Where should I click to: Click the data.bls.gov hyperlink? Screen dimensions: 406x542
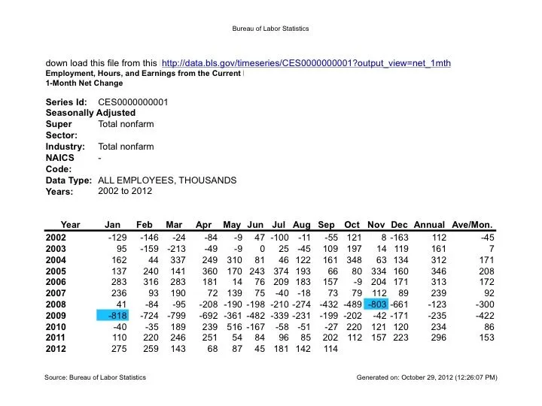tap(306, 62)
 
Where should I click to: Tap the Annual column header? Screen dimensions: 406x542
tap(429, 225)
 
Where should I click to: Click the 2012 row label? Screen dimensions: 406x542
tap(56, 349)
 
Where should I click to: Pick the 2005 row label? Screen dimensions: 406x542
tap(56, 271)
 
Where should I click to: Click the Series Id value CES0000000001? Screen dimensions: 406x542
tap(133, 101)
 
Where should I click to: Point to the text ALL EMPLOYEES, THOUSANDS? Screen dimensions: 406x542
tap(167, 180)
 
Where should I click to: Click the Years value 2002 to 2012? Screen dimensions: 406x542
tap(125, 191)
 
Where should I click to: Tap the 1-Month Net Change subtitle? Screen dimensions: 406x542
tap(84, 83)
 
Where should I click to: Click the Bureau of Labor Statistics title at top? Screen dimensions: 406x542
tap(271, 29)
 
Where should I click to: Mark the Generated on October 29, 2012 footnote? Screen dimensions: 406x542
tap(426, 376)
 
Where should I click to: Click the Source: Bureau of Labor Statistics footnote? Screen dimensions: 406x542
tap(96, 376)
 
